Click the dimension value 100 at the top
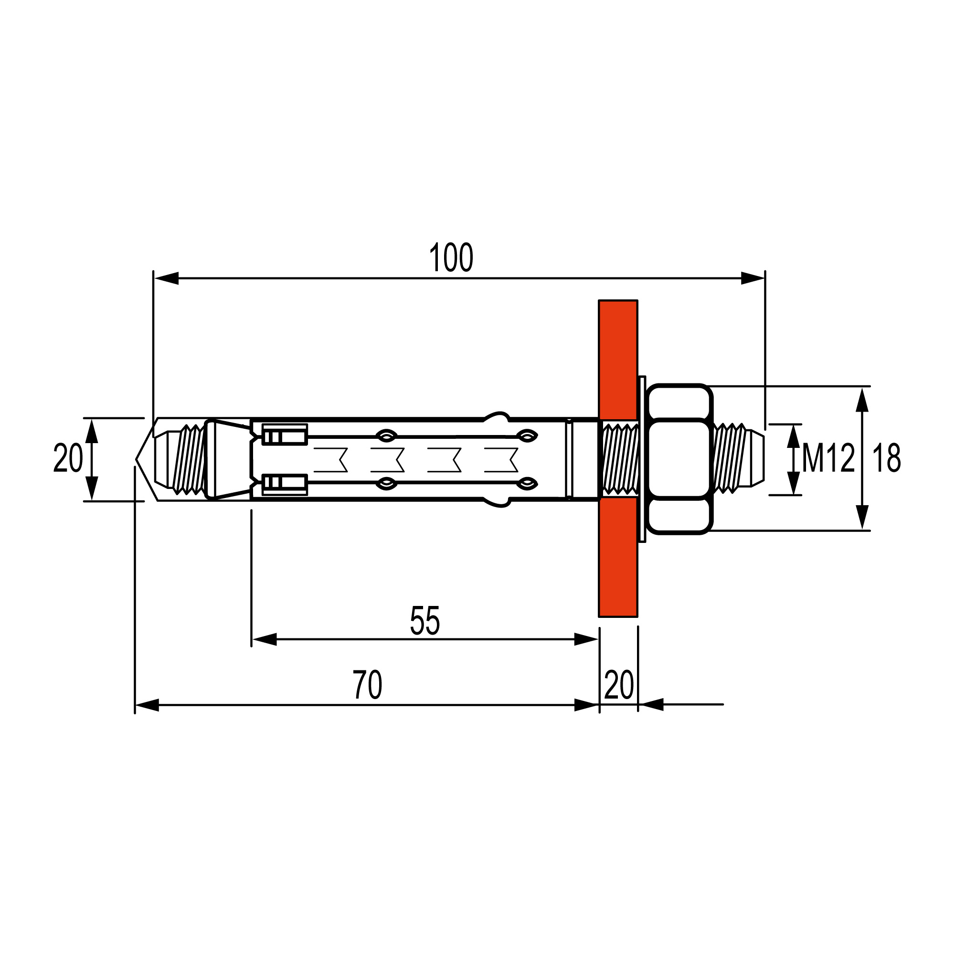[451, 257]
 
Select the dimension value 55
[424, 621]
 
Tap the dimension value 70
[368, 685]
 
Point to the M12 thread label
[828, 459]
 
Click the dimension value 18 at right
[886, 459]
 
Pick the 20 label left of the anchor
[68, 459]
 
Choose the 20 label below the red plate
[618, 685]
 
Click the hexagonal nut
[679, 459]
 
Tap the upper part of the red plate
[618, 359]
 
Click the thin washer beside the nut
[642, 459]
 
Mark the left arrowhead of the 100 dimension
[166, 278]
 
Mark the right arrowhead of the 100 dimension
[753, 278]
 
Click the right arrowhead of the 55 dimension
[586, 639]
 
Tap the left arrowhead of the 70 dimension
[147, 705]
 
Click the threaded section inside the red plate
[618, 459]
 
